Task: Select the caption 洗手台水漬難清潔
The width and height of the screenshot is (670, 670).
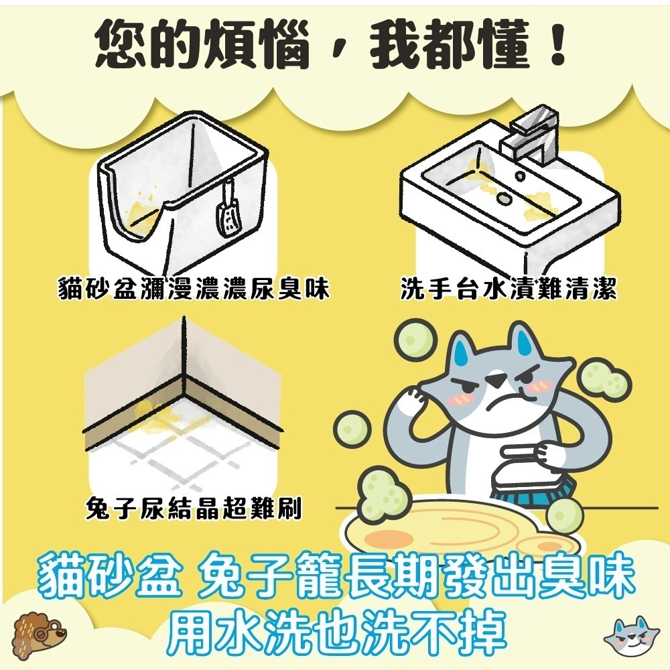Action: tap(508, 290)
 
